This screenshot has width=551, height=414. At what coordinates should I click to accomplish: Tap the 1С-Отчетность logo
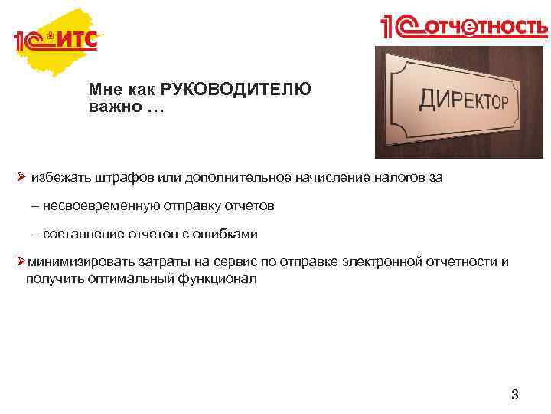[x=465, y=28]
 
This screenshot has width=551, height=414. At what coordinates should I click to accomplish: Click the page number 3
[x=515, y=396]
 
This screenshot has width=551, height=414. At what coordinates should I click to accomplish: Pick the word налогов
[x=398, y=178]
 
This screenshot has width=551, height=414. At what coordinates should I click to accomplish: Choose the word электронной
[x=384, y=261]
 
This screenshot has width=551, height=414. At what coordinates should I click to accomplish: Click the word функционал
[x=219, y=278]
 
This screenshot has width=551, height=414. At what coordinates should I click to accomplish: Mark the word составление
[x=77, y=234]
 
